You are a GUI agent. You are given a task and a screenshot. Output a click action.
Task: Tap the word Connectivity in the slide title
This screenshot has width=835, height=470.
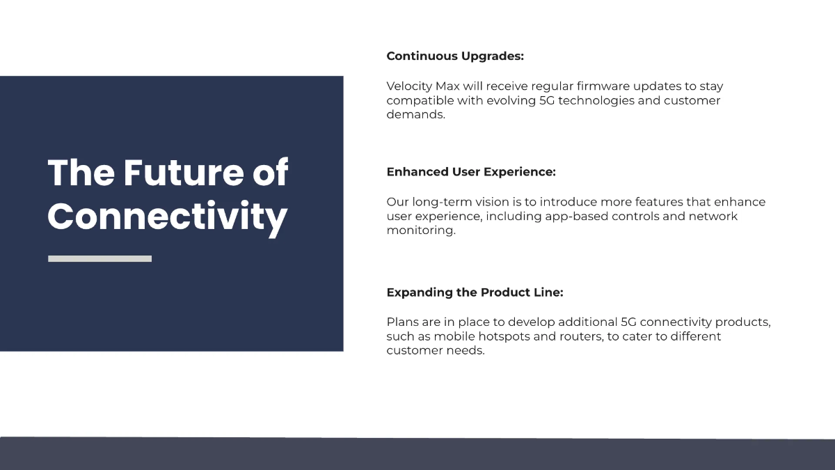167,217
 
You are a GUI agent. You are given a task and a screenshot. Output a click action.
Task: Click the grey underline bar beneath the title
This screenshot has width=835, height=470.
100,258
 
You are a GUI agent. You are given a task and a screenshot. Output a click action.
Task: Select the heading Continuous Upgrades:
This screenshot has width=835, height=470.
455,56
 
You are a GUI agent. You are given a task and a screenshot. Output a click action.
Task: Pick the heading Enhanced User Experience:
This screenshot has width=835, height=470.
471,171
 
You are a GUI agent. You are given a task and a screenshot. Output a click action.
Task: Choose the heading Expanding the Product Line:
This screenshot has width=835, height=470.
475,292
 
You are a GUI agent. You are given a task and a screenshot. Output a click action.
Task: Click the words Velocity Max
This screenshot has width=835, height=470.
419,86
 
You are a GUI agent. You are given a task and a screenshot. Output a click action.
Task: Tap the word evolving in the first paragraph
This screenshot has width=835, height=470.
488,100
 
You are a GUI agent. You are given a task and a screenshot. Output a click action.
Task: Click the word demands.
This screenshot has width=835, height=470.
415,114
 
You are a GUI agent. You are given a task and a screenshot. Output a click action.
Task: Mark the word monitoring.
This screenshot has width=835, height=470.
421,230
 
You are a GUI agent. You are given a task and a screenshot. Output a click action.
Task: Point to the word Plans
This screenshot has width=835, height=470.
402,322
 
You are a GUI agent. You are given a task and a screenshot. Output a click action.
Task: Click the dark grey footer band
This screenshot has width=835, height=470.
417,454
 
